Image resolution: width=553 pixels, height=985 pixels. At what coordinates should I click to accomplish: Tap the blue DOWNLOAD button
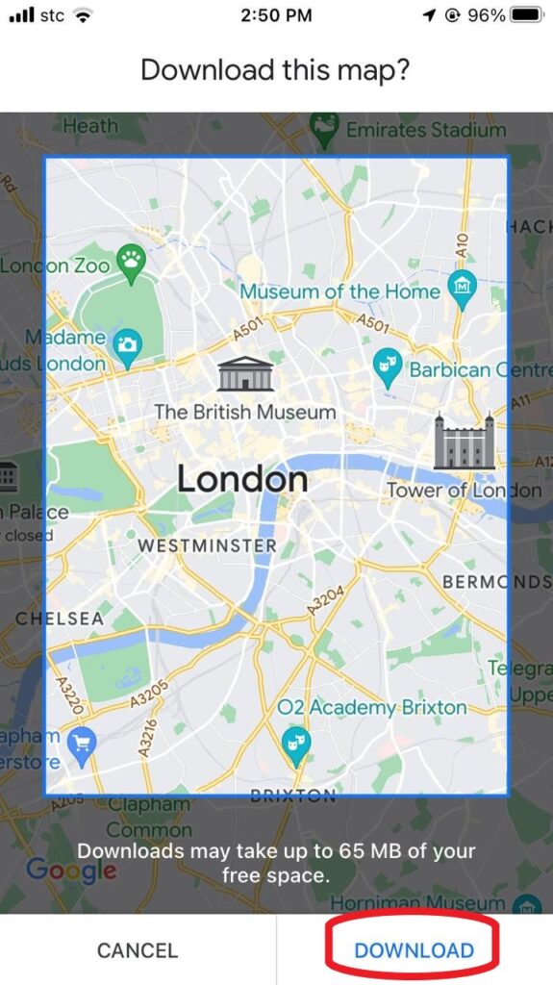(x=414, y=950)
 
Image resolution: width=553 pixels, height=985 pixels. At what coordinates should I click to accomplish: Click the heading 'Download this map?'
(x=276, y=70)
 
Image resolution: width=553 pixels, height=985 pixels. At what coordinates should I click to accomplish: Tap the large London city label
(x=241, y=479)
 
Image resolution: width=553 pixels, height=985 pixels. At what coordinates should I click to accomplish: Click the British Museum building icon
(x=245, y=373)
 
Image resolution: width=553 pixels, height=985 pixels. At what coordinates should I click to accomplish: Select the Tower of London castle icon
(x=464, y=442)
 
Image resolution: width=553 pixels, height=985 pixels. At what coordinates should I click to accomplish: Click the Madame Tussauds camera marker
(x=126, y=343)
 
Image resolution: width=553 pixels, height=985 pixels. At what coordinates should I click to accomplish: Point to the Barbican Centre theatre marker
(x=388, y=366)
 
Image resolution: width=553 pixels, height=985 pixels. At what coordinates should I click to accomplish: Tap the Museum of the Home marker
(x=463, y=287)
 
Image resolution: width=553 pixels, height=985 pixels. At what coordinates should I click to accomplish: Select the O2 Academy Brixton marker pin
(x=295, y=742)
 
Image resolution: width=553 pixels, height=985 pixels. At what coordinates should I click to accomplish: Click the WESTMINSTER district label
(x=207, y=545)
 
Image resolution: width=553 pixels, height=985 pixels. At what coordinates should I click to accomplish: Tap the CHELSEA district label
(x=59, y=619)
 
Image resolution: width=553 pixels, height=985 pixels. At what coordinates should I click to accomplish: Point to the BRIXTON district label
(x=292, y=796)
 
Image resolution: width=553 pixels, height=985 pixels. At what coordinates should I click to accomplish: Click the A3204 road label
(x=324, y=599)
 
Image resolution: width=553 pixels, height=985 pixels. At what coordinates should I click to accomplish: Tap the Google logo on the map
(x=70, y=871)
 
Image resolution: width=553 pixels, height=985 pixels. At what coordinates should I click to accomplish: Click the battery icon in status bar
(x=527, y=15)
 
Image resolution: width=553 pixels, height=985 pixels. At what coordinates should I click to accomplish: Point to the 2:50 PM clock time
(x=276, y=15)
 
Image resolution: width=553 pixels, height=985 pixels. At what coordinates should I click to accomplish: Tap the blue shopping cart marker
(x=79, y=743)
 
